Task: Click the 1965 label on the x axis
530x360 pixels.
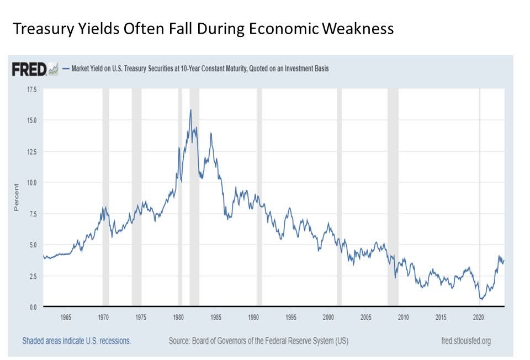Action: click(66, 317)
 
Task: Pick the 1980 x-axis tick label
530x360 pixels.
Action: click(178, 317)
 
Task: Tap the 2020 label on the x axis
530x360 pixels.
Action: click(479, 317)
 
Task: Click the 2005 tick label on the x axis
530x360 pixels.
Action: click(366, 317)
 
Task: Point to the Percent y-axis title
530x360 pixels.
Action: click(17, 197)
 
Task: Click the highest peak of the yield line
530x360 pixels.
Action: click(190, 110)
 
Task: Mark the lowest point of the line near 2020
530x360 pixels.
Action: click(481, 299)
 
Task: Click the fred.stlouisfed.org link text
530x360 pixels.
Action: click(463, 341)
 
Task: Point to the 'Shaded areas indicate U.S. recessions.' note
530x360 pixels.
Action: click(76, 341)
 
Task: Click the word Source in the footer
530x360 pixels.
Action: click(183, 341)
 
